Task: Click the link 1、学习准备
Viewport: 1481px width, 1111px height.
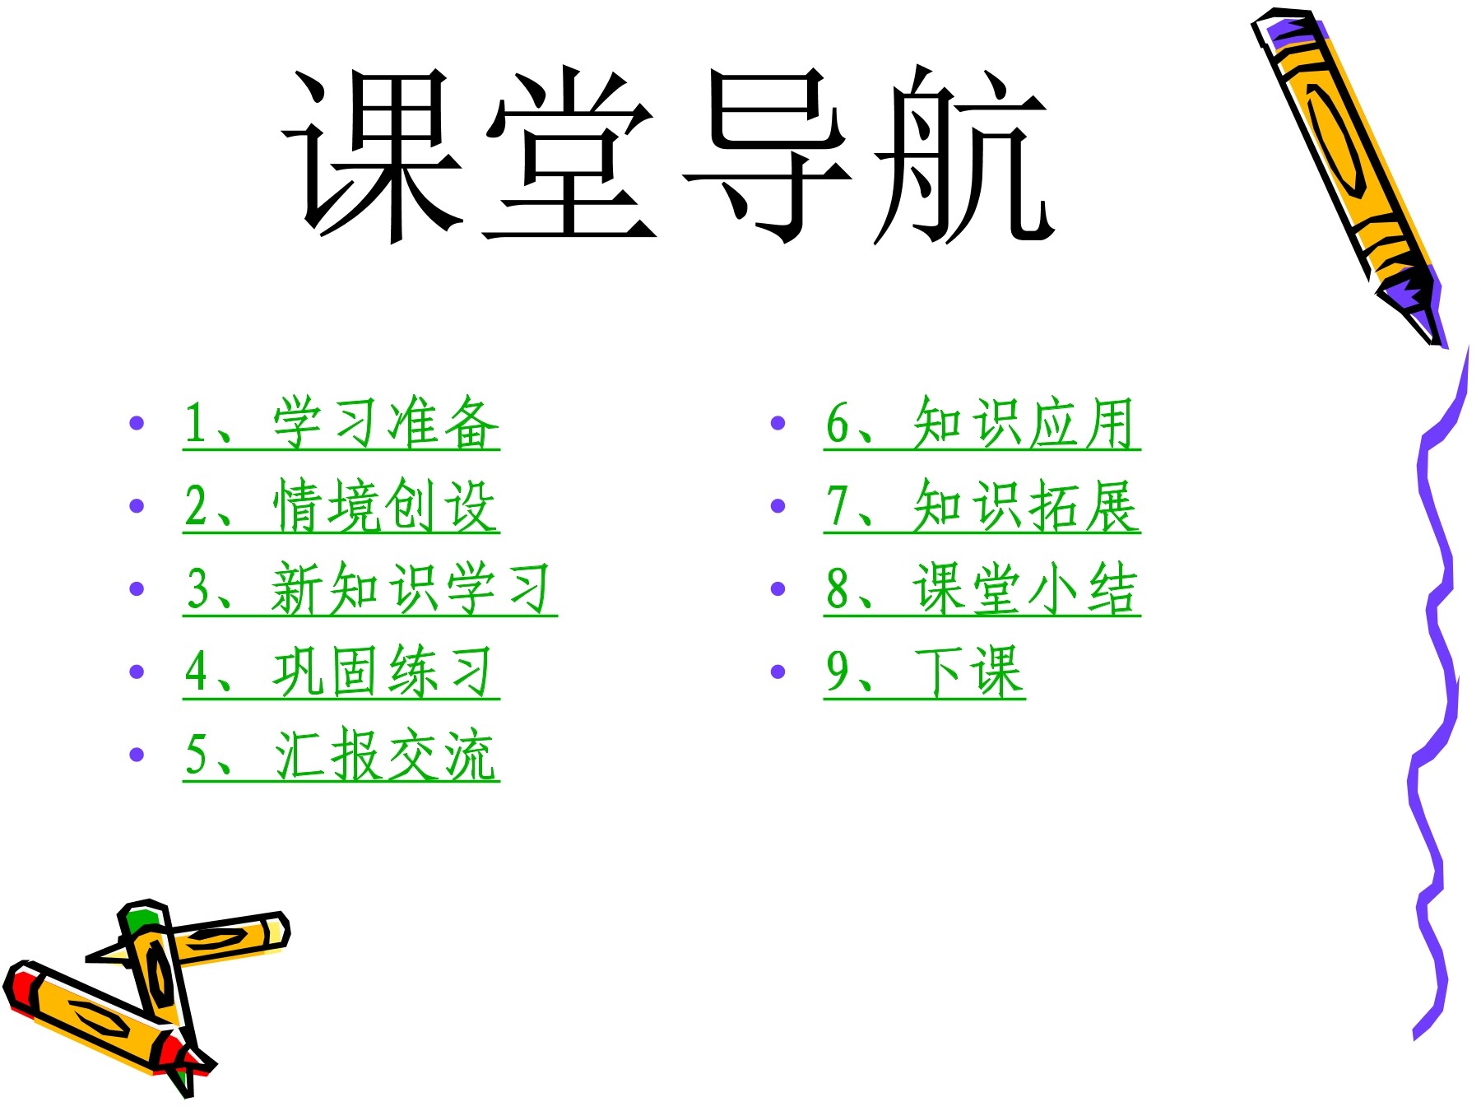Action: (x=341, y=423)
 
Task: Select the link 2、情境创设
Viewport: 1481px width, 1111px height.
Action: (x=341, y=506)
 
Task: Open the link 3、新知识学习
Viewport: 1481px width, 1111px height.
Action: (x=369, y=589)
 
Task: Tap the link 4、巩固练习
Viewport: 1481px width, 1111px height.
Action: (x=341, y=672)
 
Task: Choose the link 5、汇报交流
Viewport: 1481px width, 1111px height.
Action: (x=341, y=755)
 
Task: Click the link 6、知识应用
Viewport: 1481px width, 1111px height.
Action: (x=982, y=423)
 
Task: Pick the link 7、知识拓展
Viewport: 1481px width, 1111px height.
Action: (x=982, y=506)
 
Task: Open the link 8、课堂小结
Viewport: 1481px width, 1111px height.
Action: (x=982, y=589)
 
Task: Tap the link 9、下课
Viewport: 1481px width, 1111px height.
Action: (x=924, y=672)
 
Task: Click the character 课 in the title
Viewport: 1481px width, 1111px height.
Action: (x=374, y=156)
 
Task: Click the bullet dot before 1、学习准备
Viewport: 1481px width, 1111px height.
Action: (x=137, y=423)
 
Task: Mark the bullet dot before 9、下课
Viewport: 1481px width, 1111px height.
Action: (x=778, y=672)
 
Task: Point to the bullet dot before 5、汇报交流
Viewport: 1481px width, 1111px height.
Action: (x=137, y=755)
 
